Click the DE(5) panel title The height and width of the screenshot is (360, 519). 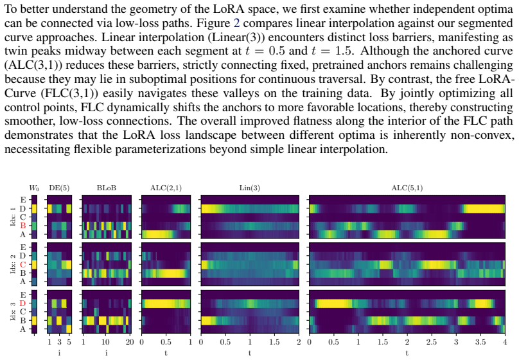[59, 188]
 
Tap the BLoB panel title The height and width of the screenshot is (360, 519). [106, 188]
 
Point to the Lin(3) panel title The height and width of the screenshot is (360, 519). [250, 188]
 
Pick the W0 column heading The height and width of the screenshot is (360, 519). [34, 188]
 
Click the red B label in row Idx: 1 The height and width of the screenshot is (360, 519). [23, 226]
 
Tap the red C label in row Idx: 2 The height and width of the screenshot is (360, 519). [23, 265]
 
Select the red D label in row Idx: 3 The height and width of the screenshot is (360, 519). [23, 303]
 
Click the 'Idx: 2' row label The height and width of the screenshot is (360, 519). [13, 264]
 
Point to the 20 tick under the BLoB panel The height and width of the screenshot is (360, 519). [130, 342]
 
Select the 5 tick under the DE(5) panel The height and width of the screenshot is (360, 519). [69, 342]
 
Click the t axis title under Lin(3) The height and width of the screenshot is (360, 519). [250, 353]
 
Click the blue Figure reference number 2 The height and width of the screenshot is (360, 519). [236, 23]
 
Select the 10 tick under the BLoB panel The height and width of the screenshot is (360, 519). [105, 342]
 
